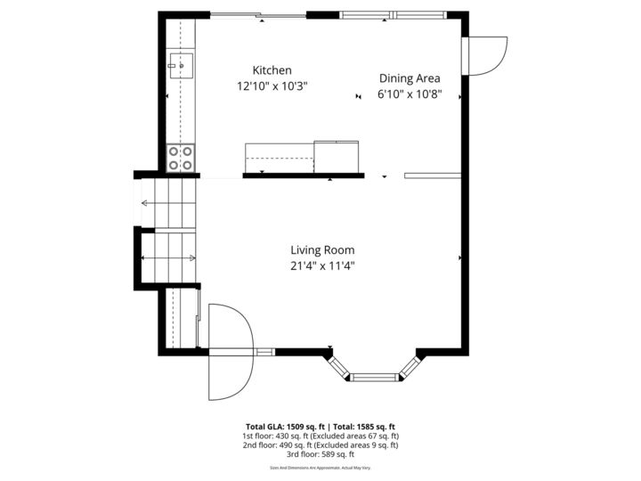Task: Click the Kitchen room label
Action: (272, 70)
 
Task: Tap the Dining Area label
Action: (410, 77)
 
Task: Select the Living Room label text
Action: (322, 250)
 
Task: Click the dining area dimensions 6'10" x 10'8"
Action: (410, 94)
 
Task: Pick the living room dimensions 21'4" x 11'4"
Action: (322, 265)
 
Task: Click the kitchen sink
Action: (180, 63)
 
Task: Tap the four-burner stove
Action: (182, 159)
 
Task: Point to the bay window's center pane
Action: (373, 377)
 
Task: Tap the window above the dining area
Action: (393, 14)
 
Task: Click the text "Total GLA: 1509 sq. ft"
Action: (286, 427)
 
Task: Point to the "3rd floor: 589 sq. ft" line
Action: (320, 453)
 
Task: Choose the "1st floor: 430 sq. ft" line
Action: (320, 436)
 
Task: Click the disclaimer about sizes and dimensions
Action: (320, 468)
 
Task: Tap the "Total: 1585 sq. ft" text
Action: (364, 427)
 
